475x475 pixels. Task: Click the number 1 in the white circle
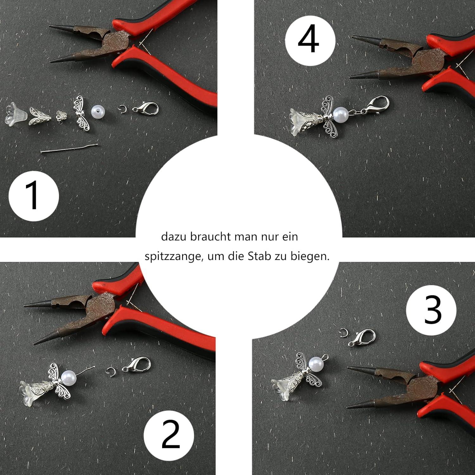coord(33,195)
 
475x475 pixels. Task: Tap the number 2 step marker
coord(170,435)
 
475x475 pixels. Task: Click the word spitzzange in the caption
coord(173,256)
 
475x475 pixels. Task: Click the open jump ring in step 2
coord(110,371)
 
